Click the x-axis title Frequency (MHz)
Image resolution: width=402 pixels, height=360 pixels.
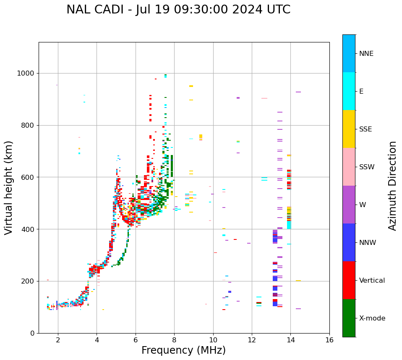pos(183,350)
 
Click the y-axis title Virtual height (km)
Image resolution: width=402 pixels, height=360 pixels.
pos(9,188)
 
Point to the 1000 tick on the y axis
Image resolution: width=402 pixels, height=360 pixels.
pos(27,74)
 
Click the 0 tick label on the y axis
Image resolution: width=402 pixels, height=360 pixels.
pos(33,333)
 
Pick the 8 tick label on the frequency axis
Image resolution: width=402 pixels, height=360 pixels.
pos(174,340)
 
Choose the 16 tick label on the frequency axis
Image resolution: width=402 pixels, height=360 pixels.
pos(329,340)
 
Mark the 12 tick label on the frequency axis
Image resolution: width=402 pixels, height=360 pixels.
pos(252,340)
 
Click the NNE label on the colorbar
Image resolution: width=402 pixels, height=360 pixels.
pos(366,54)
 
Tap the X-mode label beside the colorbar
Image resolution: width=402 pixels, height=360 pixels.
pos(372,318)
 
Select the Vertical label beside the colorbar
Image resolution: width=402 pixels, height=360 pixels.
pos(372,281)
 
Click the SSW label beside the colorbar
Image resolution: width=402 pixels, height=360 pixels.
pos(367,167)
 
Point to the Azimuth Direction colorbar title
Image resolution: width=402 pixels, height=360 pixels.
pos(392,186)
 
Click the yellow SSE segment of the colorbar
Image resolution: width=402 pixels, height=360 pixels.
pos(349,129)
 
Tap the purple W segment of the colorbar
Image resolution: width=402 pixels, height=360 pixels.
pos(349,205)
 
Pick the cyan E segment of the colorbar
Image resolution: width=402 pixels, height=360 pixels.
pos(349,91)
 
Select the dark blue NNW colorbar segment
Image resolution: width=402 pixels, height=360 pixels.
pos(349,242)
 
